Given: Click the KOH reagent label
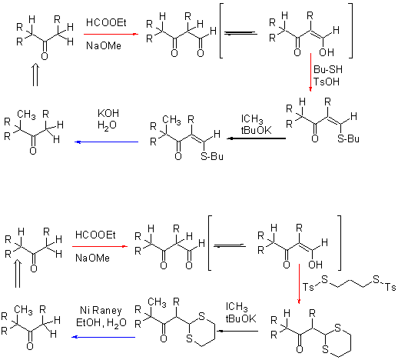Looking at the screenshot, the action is tap(108, 113).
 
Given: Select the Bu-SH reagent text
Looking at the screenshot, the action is tap(327, 69).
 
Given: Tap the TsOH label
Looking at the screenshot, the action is tap(326, 82).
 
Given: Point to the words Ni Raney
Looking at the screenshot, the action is tap(101, 311).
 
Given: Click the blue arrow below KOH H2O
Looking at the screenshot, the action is tap(106, 142).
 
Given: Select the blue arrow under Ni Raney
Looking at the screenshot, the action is tap(103, 337).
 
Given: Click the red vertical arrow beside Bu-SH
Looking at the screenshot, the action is tap(310, 72).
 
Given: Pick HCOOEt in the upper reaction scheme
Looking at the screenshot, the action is tap(106, 22).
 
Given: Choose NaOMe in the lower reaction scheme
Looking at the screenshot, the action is tap(92, 258).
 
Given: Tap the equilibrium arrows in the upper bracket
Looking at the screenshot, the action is tap(240, 33).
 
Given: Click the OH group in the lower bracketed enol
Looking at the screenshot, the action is tap(316, 265).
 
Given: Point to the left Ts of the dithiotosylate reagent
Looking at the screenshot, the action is tap(308, 287).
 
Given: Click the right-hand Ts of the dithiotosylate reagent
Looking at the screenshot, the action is tap(390, 287).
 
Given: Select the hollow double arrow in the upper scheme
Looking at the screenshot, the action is tap(35, 75).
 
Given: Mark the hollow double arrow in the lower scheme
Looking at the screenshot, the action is tap(18, 273).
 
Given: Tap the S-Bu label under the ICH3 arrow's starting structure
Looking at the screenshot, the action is tap(348, 138).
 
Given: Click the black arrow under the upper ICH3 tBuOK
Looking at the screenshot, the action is tap(257, 138).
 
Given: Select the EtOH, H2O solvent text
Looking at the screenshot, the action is tap(101, 323).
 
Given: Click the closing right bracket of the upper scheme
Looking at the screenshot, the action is tap(351, 31).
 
